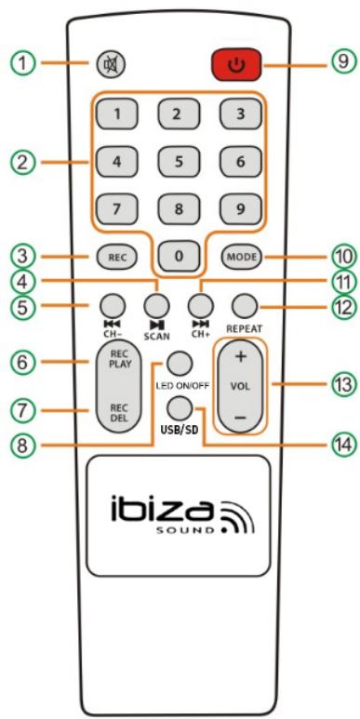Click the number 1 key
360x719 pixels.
(113, 114)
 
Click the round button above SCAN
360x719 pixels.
(154, 301)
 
